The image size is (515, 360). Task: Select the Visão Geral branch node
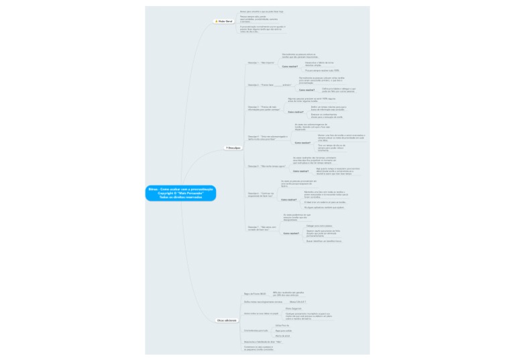point(224,21)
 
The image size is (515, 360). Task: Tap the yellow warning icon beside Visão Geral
point(216,21)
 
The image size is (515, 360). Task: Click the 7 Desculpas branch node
point(234,147)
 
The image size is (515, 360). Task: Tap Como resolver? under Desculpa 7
point(291,233)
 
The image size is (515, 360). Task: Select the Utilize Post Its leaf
point(282,325)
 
